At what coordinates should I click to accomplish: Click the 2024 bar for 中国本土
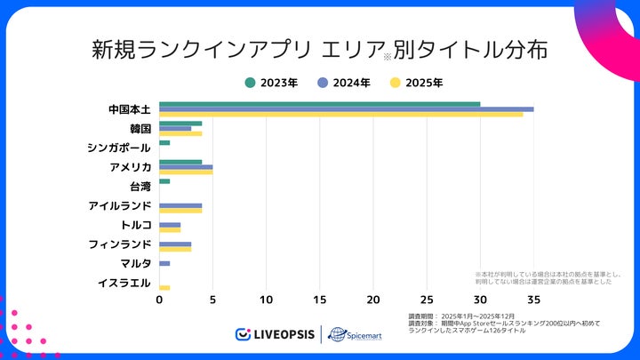coord(347,109)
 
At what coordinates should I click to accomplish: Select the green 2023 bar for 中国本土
coord(320,104)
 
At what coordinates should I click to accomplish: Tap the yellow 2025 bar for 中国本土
coord(341,115)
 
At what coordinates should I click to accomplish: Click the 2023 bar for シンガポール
coord(164,142)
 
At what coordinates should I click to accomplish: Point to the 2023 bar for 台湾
coord(164,181)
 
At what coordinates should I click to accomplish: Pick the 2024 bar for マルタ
coord(164,263)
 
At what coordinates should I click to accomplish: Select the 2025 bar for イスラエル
coord(164,288)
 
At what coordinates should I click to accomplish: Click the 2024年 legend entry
coord(344,83)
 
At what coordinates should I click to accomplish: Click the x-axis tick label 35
coord(533,300)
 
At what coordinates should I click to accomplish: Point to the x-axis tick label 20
coord(373,300)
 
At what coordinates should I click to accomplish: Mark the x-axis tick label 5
coord(212,300)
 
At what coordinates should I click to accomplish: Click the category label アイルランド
coord(119,206)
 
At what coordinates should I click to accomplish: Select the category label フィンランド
coord(119,244)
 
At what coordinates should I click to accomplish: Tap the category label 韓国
coord(140,129)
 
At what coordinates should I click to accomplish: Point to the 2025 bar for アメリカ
coord(186,172)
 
